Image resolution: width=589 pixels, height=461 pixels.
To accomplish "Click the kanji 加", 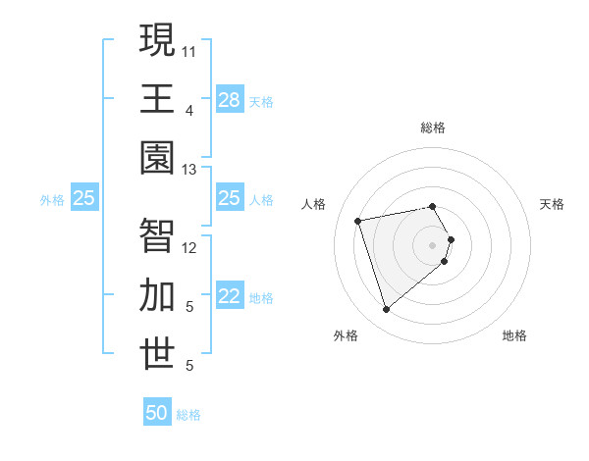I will tap(157, 295).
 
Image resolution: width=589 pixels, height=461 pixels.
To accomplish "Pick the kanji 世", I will tap(157, 354).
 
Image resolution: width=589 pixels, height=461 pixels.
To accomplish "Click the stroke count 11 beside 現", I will tap(189, 50).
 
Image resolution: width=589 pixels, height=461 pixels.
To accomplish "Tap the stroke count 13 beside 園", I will tap(189, 170).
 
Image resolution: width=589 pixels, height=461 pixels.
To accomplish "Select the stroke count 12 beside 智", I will tap(189, 248).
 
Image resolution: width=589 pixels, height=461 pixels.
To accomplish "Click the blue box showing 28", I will tap(230, 100).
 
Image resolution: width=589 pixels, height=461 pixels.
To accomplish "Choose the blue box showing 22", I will tap(230, 297).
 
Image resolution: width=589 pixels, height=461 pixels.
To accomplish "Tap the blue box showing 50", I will tap(157, 413).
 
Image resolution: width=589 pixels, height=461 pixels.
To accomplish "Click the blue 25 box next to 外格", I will tap(83, 199).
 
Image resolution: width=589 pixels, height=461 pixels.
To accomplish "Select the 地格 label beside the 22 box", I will tap(261, 298).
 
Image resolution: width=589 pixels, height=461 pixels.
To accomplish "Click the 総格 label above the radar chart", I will tap(433, 128).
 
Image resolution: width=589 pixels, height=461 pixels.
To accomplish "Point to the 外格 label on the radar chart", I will tap(346, 336).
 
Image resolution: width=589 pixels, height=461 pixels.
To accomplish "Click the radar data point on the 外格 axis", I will tap(386, 310).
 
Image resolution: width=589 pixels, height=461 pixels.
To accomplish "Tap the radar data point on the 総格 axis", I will tap(432, 206).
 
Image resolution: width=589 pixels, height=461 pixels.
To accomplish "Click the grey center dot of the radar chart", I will tap(432, 244).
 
